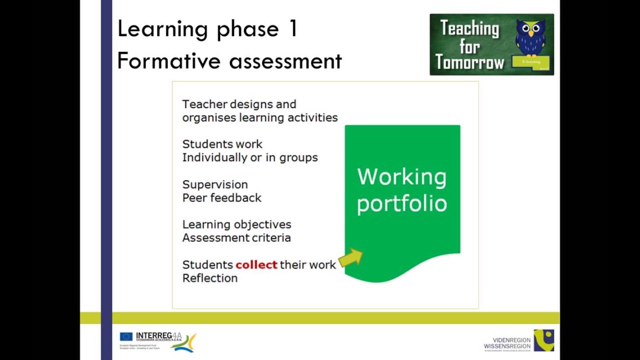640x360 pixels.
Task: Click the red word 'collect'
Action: [256, 264]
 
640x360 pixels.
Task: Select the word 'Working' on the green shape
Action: [401, 177]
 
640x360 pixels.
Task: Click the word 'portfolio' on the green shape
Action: [401, 204]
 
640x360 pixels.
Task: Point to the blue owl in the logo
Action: [530, 37]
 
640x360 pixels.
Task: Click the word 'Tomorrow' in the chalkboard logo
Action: [469, 63]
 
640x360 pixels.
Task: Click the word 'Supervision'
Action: [215, 184]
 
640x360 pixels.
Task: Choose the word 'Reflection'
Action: [210, 278]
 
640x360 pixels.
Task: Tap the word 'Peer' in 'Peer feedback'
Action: [193, 198]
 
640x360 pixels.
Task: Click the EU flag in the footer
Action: [126, 336]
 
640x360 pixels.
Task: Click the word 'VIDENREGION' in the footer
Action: [511, 340]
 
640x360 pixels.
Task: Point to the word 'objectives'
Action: [265, 224]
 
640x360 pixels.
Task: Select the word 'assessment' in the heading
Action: [285, 61]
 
